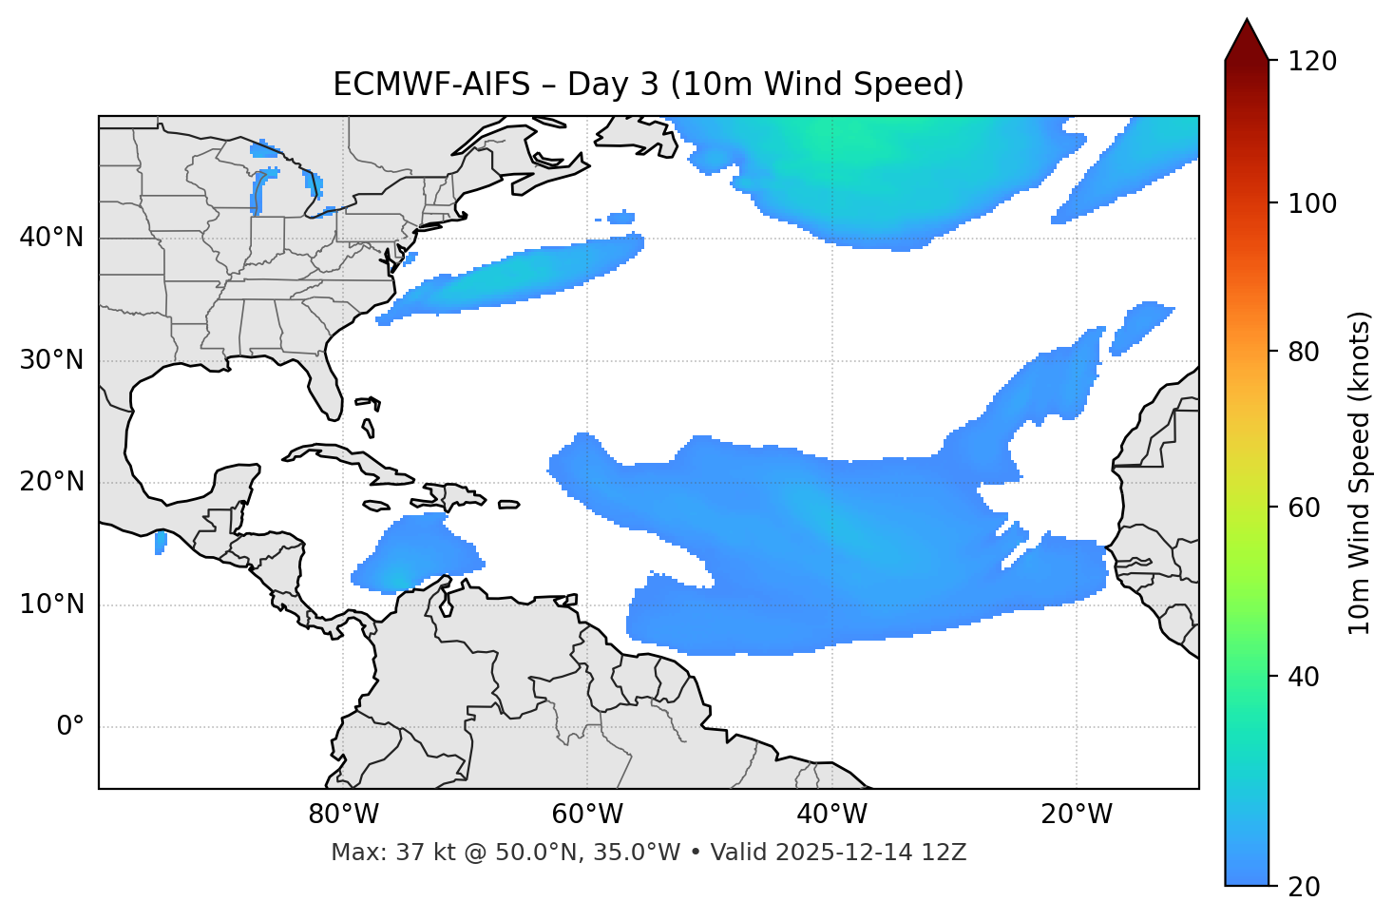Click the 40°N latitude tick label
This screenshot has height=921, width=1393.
click(x=51, y=238)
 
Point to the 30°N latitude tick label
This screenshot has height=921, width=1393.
click(x=51, y=360)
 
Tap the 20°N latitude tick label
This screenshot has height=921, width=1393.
click(x=51, y=482)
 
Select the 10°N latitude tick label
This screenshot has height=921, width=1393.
click(x=51, y=604)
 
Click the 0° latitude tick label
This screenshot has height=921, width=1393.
click(x=70, y=727)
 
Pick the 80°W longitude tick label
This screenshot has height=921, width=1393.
click(x=343, y=815)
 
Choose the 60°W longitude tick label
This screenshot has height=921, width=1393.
click(x=587, y=815)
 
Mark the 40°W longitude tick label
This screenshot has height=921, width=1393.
click(x=832, y=815)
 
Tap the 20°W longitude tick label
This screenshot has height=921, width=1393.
click(x=1077, y=815)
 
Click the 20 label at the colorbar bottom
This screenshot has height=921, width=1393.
click(x=1304, y=887)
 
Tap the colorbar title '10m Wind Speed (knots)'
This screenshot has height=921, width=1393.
click(x=1360, y=472)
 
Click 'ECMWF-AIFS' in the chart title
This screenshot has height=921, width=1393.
click(x=431, y=85)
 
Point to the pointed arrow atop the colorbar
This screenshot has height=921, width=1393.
click(x=1247, y=40)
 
